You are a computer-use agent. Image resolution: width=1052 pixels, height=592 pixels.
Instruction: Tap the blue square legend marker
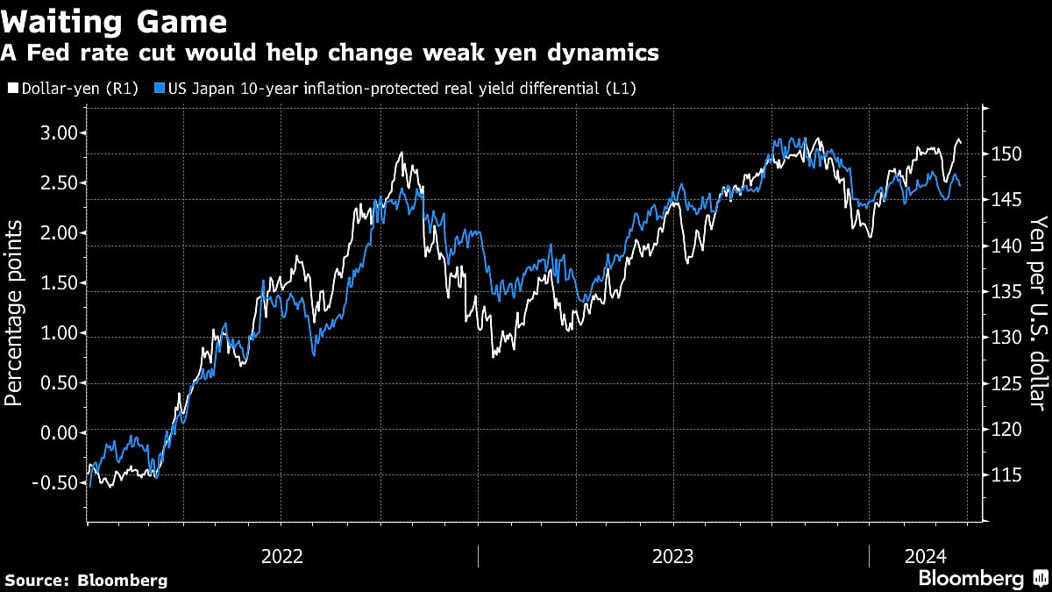click(x=158, y=88)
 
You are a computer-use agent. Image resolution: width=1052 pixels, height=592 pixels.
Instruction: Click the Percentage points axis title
click(x=15, y=313)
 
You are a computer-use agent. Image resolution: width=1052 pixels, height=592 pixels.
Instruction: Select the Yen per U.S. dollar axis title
click(x=1038, y=313)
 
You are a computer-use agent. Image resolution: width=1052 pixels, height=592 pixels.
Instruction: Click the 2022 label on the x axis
click(x=282, y=556)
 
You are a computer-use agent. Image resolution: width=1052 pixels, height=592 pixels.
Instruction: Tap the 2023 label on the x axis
click(x=672, y=556)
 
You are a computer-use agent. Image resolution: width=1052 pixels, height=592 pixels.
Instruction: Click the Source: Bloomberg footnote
click(x=86, y=580)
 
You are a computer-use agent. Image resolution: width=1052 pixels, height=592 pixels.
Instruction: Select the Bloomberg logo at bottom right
click(x=970, y=578)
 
